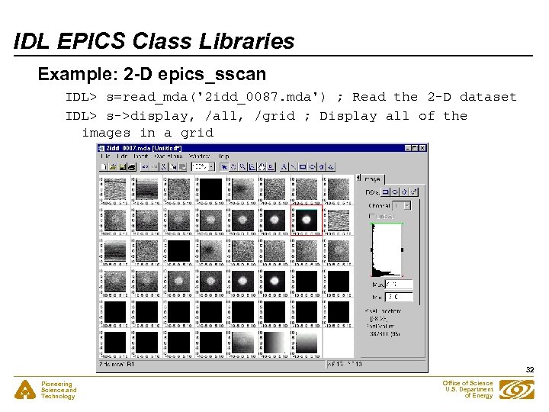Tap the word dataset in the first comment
(488, 97)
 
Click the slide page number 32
(529, 370)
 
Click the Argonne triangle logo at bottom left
(25, 390)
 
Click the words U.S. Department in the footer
(469, 389)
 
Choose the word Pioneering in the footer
(56, 384)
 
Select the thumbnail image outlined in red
(306, 220)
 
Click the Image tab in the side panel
(373, 179)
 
